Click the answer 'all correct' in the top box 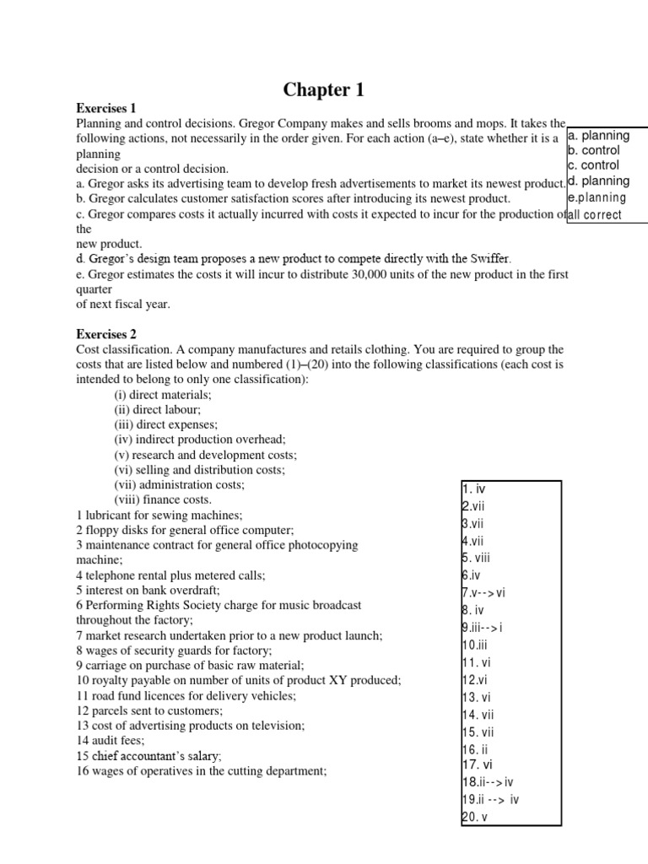coord(595,214)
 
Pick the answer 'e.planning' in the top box coord(597,197)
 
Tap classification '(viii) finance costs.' coord(163,499)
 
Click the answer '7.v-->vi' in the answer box coord(483,592)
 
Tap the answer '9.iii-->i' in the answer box coord(483,627)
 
